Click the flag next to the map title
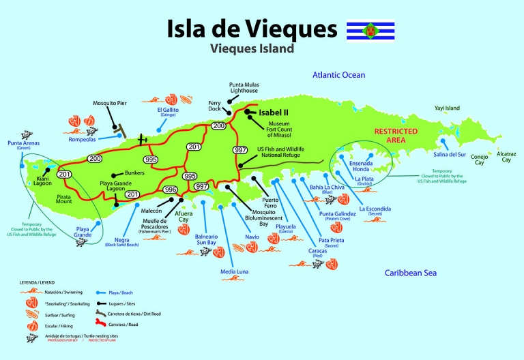coord(370,31)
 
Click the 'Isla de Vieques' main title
coord(252,29)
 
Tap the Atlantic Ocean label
coord(338,75)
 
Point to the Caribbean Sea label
coord(410,273)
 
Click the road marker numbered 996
coord(171,190)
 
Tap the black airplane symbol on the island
coord(143,139)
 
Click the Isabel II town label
coord(273,112)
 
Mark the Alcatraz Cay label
coord(506,156)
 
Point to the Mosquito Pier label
coord(111,103)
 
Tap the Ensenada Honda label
coord(360,168)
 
